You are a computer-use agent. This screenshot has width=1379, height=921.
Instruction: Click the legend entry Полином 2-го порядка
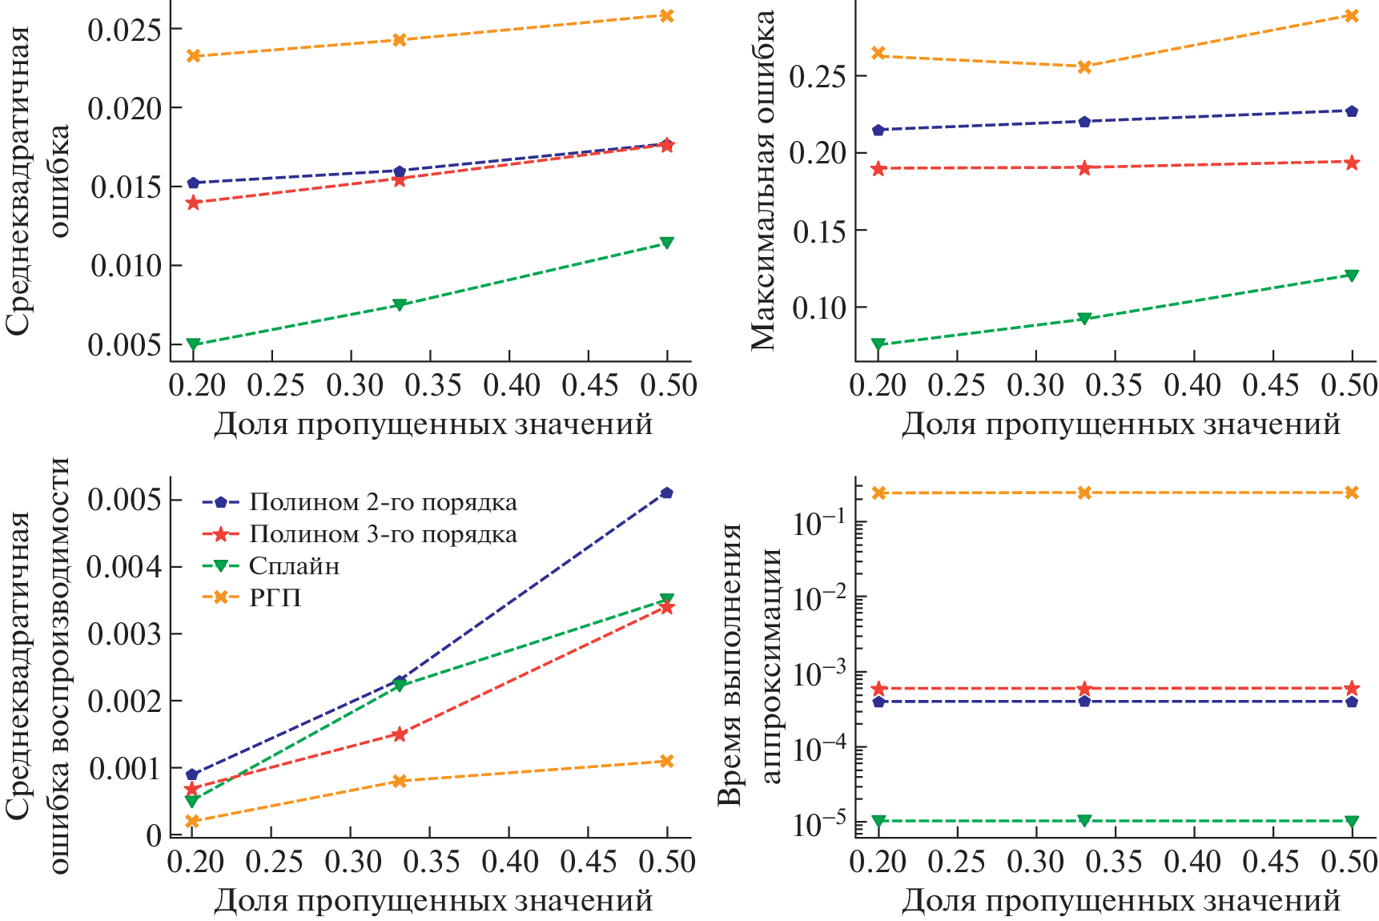383,502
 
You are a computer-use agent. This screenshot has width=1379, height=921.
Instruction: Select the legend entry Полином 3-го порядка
383,534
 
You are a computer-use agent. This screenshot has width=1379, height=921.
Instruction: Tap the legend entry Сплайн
294,566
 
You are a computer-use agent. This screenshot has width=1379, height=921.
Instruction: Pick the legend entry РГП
275,597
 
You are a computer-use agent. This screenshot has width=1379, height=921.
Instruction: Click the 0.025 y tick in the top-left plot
123,30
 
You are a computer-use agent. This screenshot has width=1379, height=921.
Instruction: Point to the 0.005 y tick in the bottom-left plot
123,500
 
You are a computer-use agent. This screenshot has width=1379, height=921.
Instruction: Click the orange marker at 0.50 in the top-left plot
666,15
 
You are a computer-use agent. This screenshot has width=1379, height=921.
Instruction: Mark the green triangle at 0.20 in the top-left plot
193,344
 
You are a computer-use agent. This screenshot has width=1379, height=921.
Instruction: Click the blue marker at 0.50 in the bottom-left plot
666,493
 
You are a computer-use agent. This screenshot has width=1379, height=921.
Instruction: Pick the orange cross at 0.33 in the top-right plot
1084,67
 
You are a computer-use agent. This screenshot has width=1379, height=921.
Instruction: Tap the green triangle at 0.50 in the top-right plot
1352,275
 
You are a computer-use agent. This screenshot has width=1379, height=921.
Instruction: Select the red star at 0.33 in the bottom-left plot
400,734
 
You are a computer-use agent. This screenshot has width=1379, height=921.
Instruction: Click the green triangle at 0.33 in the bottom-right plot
1084,820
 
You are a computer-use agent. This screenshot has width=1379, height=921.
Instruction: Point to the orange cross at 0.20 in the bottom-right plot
878,493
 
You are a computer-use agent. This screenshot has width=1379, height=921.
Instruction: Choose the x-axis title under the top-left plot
433,424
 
